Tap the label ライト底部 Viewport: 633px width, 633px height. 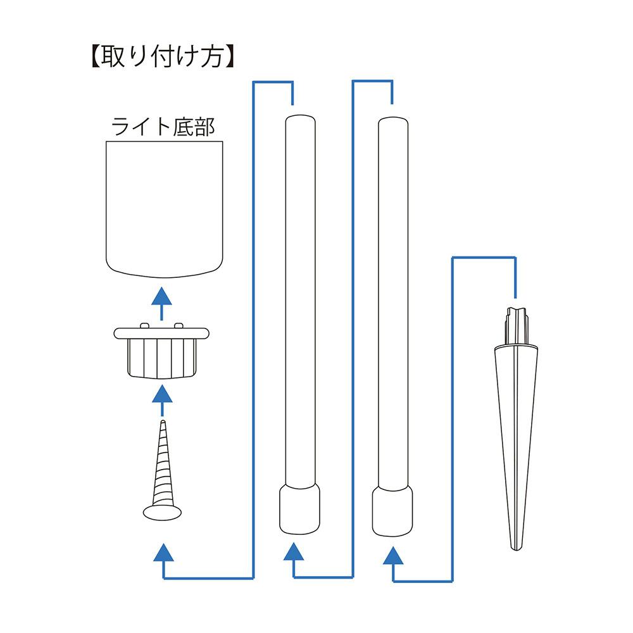pyautogui.click(x=163, y=128)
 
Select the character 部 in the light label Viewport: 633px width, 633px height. pyautogui.click(x=204, y=128)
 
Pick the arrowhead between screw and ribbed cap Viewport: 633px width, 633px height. pyautogui.click(x=163, y=394)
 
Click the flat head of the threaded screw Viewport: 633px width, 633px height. pyautogui.click(x=163, y=511)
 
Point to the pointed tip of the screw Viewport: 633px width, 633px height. pyautogui.click(x=163, y=422)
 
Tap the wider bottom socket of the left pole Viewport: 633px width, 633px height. pyautogui.click(x=299, y=510)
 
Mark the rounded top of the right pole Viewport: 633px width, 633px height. pyautogui.click(x=391, y=120)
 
